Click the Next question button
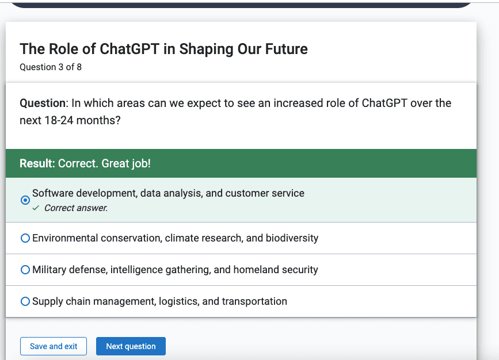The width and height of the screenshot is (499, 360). (x=131, y=346)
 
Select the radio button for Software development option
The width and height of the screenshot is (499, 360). (x=25, y=200)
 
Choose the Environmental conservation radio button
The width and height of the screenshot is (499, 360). (x=25, y=238)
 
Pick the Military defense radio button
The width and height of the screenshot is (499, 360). (x=25, y=270)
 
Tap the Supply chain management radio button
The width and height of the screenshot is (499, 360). (x=25, y=301)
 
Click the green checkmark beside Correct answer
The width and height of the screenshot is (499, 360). (x=36, y=208)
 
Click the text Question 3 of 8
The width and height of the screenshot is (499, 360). (x=51, y=67)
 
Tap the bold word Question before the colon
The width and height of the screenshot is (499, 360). (x=43, y=104)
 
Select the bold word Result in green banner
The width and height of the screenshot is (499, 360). (x=36, y=163)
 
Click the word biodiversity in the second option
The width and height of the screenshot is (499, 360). (x=292, y=238)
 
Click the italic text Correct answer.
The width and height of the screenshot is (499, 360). (x=76, y=208)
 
